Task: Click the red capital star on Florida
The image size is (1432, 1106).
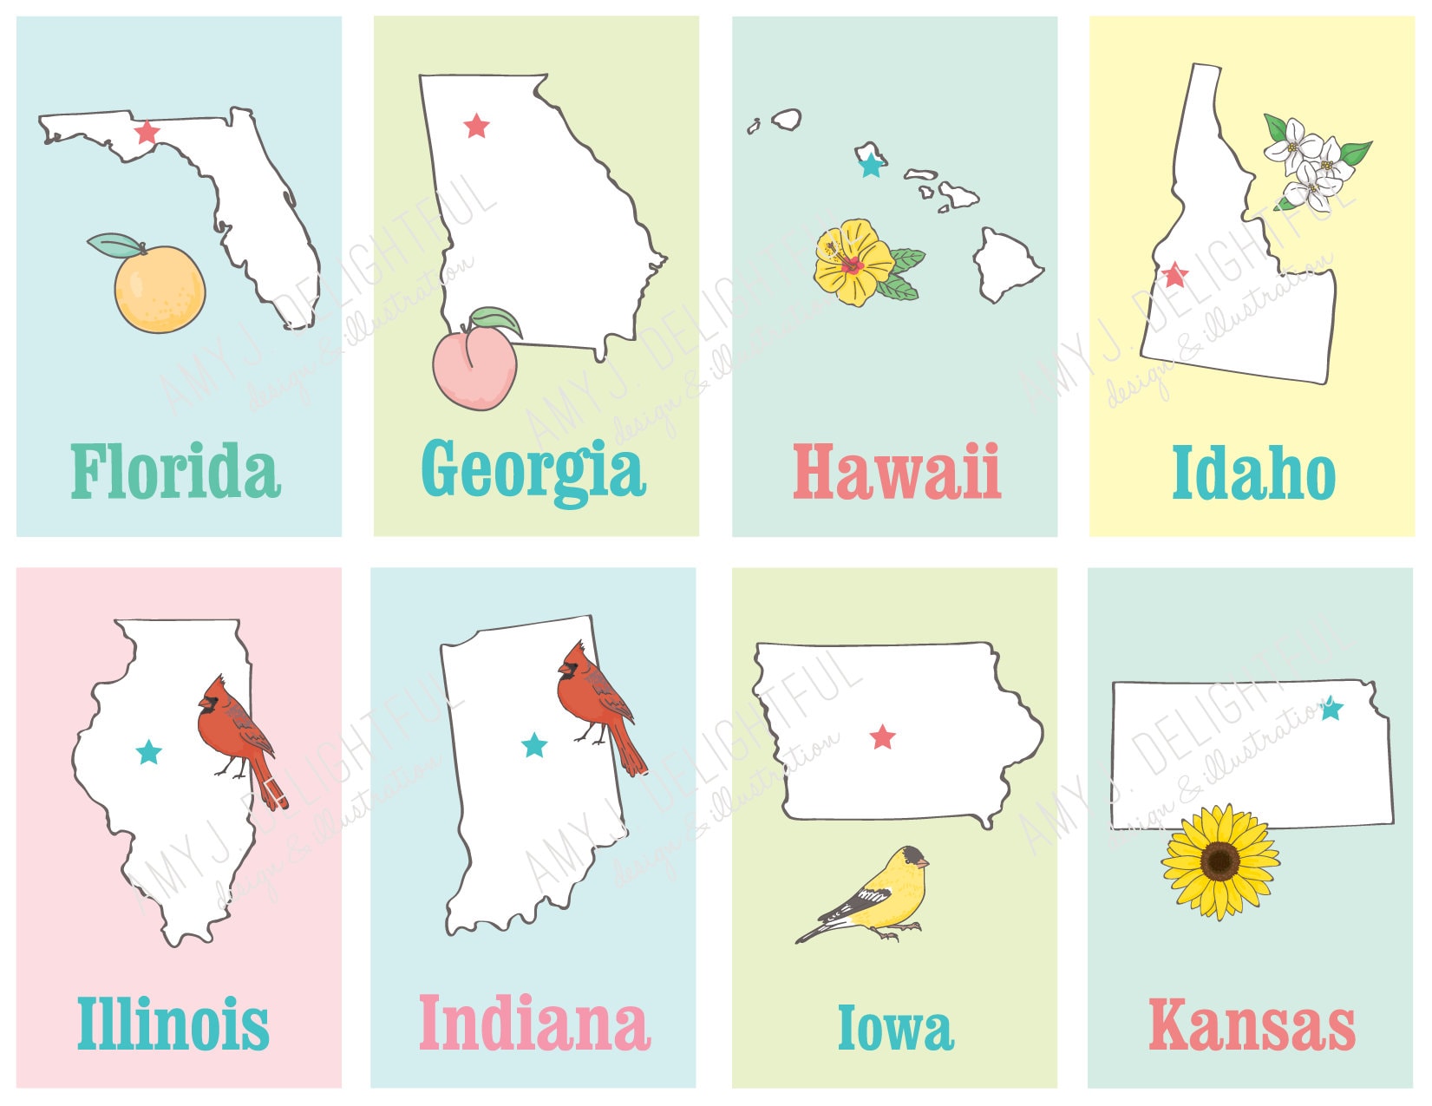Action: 147,133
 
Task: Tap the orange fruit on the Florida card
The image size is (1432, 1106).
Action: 160,290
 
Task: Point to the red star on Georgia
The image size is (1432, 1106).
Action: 476,127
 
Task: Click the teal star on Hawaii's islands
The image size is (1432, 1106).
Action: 871,165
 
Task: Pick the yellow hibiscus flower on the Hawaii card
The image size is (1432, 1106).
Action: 853,262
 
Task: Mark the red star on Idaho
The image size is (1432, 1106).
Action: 1175,275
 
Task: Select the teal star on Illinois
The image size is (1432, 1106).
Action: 149,752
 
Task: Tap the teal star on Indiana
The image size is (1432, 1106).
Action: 534,744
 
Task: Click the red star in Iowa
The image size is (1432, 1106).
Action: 883,737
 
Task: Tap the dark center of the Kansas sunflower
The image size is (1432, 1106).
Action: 1221,861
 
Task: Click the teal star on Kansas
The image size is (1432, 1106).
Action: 1331,710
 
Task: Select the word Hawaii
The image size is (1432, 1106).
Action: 897,473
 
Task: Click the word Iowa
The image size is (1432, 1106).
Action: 895,1028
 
